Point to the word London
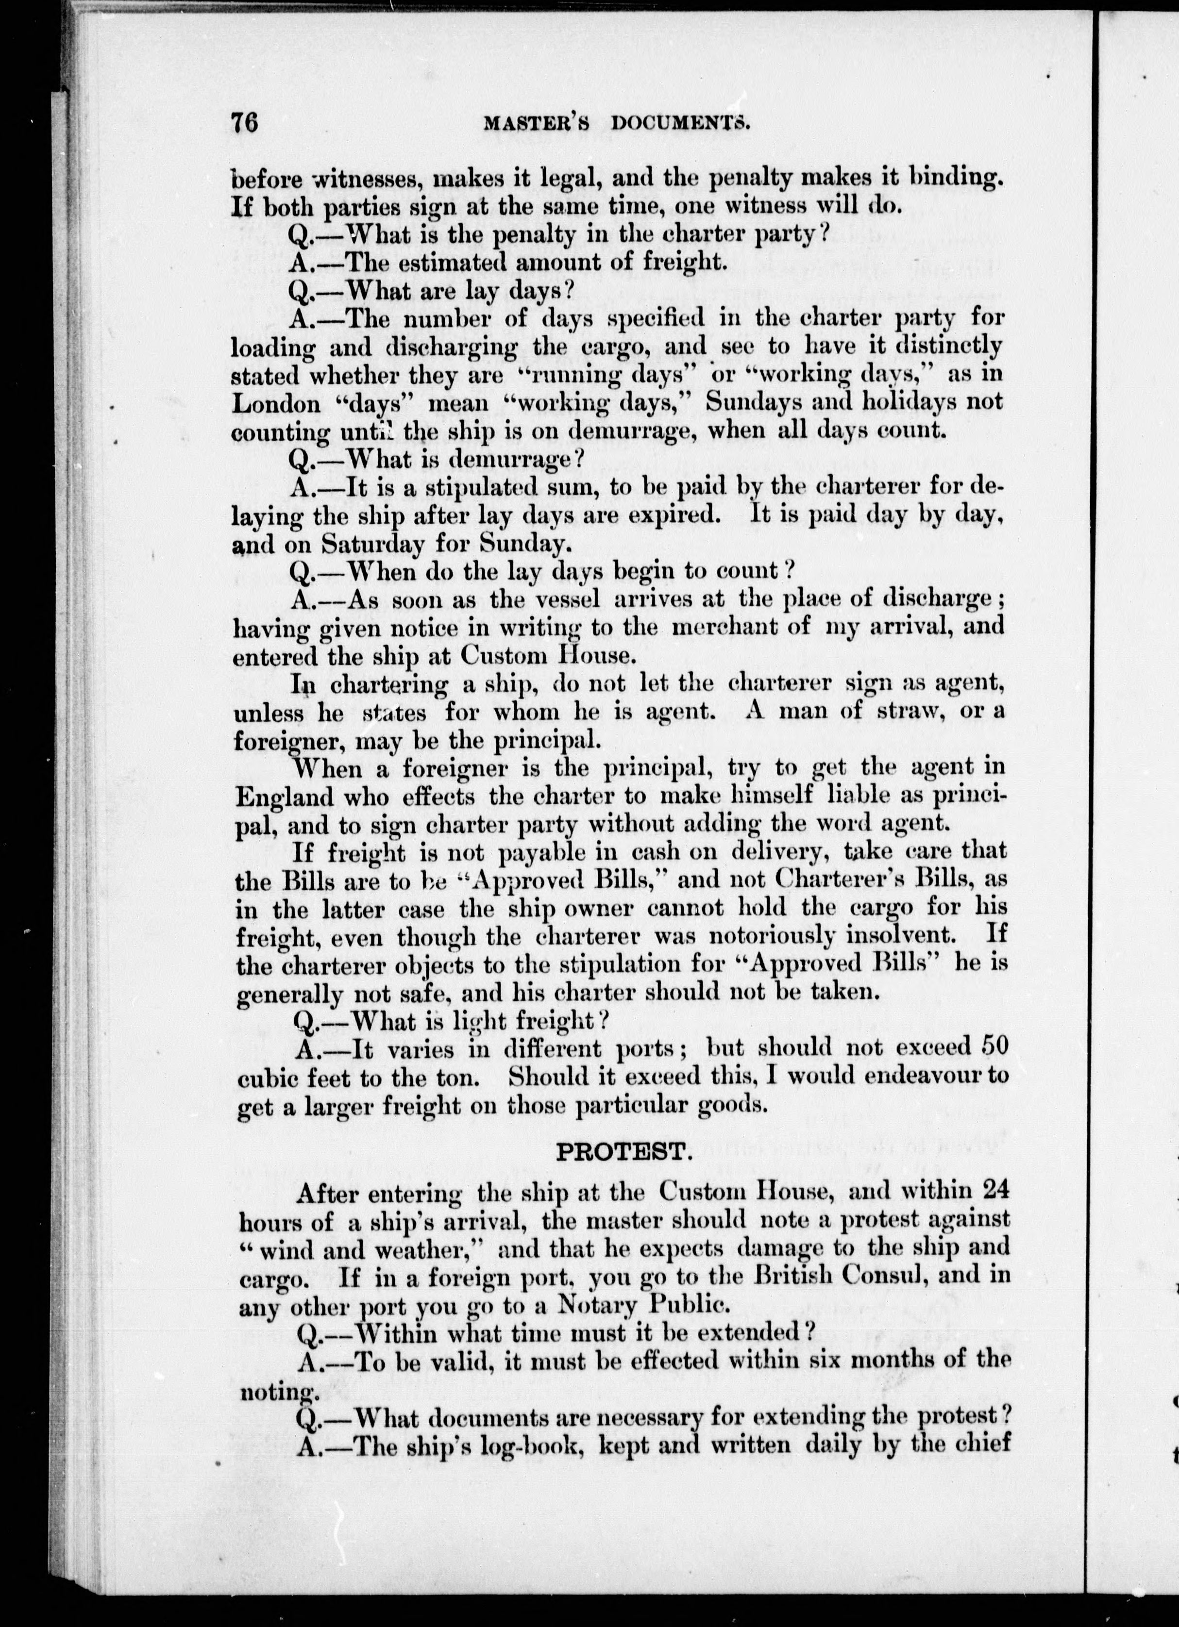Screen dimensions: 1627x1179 point(276,405)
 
